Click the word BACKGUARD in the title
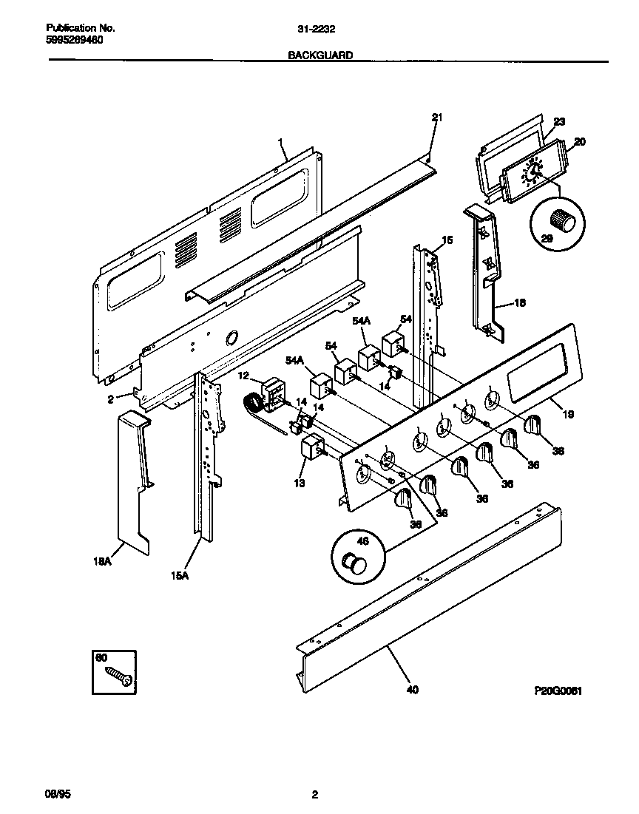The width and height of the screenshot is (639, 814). click(320, 55)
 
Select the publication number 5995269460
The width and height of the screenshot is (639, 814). click(72, 40)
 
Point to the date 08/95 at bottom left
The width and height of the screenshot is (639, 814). click(58, 795)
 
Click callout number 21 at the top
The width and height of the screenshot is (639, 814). click(436, 117)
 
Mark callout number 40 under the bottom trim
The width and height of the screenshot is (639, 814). click(412, 691)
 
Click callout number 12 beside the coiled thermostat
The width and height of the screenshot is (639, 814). click(243, 376)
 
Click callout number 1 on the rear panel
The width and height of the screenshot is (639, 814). click(281, 140)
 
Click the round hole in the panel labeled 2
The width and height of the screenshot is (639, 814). click(230, 338)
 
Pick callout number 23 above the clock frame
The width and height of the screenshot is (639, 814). click(559, 122)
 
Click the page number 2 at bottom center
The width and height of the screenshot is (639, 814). click(315, 795)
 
